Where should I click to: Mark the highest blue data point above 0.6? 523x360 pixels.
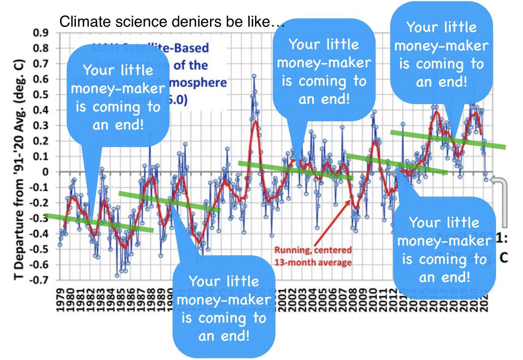point(254,76)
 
